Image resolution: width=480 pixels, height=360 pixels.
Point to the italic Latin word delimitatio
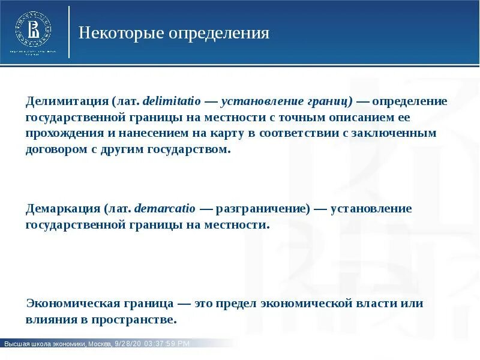(x=169, y=101)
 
